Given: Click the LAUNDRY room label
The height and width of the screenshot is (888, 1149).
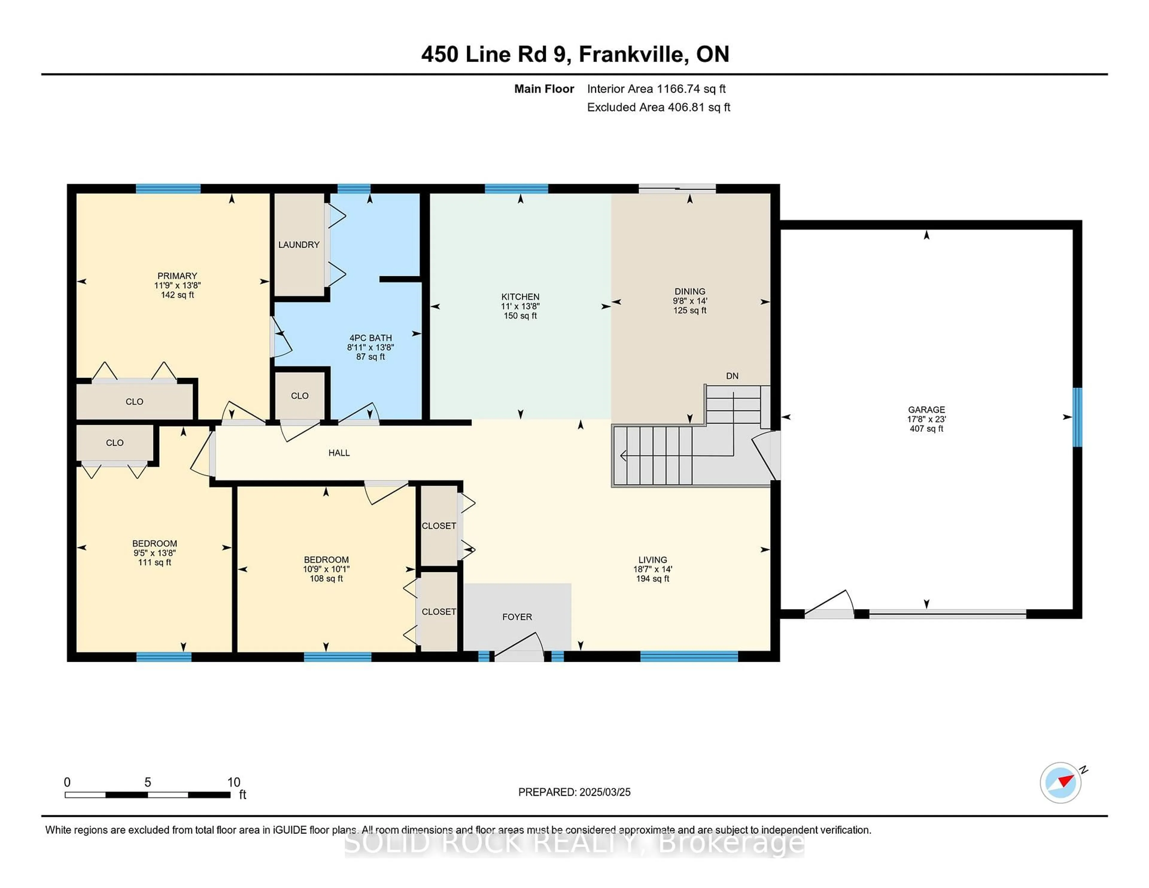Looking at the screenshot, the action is coord(299,245).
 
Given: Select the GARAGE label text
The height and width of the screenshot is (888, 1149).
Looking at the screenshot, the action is coord(926,409).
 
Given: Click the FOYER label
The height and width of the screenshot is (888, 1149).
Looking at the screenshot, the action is coord(517,617).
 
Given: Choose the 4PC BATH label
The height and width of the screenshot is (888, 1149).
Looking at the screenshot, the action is coord(371,338).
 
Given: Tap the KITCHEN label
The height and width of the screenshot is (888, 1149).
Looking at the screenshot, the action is coord(520,297).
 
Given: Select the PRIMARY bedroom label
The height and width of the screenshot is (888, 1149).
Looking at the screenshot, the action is coord(177,276).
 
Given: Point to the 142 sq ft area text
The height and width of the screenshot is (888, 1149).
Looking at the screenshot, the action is coord(177,295).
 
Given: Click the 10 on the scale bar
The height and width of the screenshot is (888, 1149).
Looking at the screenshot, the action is coord(234,782).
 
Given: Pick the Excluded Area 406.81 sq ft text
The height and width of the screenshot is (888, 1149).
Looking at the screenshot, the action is coord(659,107).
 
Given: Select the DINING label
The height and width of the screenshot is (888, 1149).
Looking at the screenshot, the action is coord(690,291).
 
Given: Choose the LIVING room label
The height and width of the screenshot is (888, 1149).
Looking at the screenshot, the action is coord(653,560).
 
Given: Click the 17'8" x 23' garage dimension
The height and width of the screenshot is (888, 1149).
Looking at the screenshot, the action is coord(926,419).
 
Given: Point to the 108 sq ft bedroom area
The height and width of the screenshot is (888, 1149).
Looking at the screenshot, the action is coord(326,579).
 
